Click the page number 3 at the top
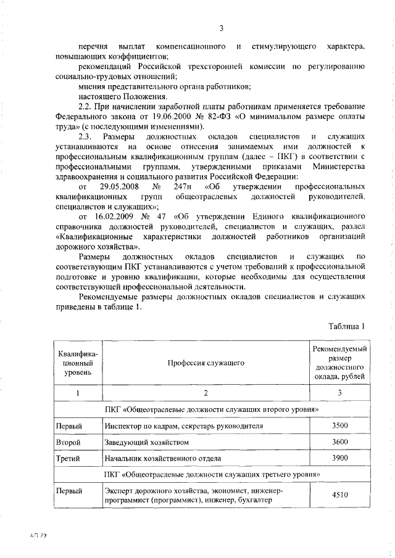[220, 27]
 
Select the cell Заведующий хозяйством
[146, 443]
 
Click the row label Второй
[68, 443]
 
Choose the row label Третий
[68, 459]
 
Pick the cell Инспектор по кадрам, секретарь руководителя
[185, 426]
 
